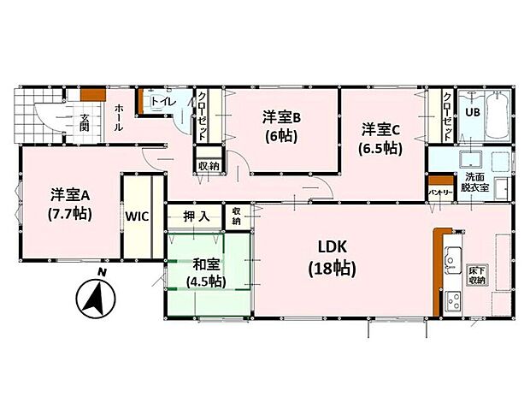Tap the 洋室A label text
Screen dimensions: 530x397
click(70, 196)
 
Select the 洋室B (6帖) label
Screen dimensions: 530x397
click(281, 127)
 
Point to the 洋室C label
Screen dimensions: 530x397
click(381, 130)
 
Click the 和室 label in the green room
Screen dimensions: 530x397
click(206, 264)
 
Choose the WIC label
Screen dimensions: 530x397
click(137, 216)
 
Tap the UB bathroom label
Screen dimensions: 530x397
click(473, 112)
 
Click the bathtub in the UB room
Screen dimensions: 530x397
click(498, 116)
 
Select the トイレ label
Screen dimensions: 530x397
click(163, 101)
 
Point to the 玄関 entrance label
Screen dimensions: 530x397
click(84, 122)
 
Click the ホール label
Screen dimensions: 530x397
click(119, 118)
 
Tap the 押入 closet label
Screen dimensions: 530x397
click(197, 216)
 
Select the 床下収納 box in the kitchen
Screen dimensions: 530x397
click(477, 276)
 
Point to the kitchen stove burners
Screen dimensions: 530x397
click(452, 300)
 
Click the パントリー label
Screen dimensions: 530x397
click(441, 193)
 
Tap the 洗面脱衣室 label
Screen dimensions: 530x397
click(475, 182)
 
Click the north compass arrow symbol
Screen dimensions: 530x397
click(96, 299)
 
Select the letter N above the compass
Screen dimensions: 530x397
click(101, 272)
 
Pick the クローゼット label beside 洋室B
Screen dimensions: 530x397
click(202, 116)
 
